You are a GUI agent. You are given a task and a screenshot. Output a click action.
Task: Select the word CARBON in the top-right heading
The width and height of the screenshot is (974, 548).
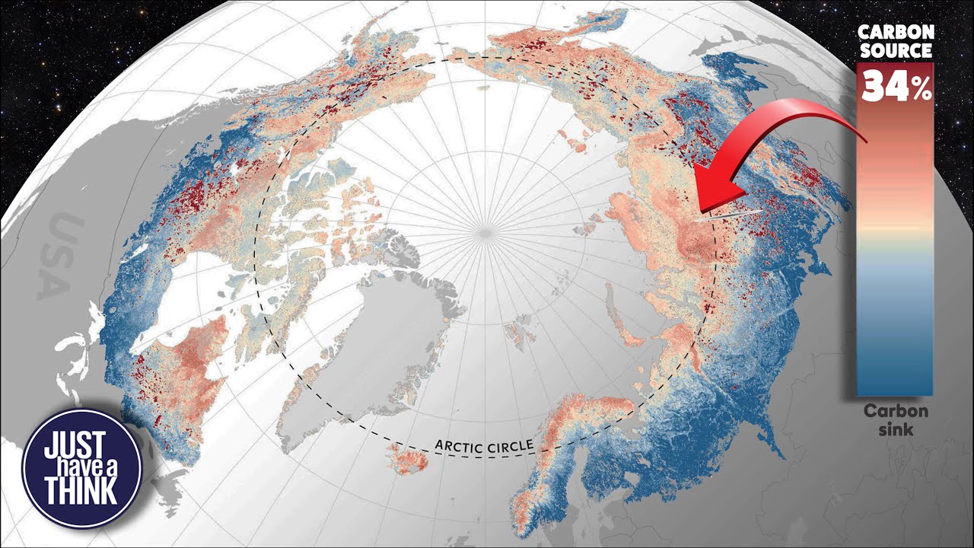coord(895,32)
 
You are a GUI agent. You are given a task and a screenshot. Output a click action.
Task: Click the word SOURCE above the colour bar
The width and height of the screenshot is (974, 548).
coord(895,50)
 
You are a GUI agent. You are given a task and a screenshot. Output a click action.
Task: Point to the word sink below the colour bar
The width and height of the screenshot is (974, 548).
coord(895,430)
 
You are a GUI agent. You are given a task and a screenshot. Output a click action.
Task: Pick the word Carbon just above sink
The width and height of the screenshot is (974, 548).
coord(895,412)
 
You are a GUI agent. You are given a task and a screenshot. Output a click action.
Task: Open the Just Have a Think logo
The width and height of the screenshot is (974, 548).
coord(82,467)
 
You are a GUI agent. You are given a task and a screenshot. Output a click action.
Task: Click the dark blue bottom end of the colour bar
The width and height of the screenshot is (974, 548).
coord(895,381)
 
